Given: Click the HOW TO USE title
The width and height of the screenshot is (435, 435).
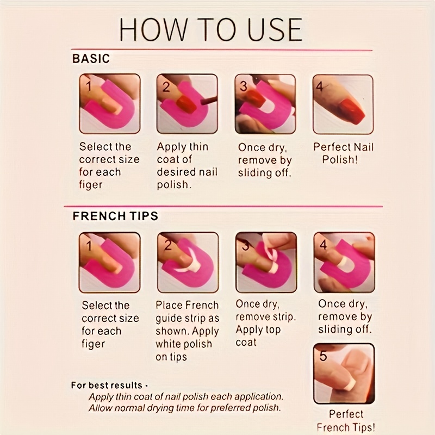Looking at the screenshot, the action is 211,30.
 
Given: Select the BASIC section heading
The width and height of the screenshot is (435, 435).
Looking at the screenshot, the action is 91,59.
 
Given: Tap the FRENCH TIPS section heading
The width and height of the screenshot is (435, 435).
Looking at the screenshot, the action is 115,216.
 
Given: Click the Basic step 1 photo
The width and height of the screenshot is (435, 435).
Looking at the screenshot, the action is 110,103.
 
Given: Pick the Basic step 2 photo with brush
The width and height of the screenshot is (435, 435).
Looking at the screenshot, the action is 187,103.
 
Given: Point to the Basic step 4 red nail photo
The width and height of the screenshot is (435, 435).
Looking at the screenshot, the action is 343,104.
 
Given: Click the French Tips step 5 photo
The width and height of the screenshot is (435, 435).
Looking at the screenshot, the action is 344,374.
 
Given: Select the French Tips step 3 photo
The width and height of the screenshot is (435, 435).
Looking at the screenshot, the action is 266,263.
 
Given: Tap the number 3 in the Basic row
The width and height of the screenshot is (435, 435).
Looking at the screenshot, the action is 243,86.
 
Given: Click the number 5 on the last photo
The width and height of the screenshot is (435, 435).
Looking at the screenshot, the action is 323,356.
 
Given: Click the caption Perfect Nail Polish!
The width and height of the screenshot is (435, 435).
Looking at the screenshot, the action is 343,153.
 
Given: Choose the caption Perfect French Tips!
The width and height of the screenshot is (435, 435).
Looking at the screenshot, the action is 346,420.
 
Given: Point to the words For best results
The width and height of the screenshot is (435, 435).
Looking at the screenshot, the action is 107,386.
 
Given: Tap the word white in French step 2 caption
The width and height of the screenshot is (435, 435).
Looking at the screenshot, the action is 167,344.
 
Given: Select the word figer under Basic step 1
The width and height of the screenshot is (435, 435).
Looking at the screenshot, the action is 91,185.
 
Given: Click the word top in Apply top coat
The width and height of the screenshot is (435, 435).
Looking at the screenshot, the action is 274,330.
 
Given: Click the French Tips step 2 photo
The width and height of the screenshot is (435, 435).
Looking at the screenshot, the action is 188,263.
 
